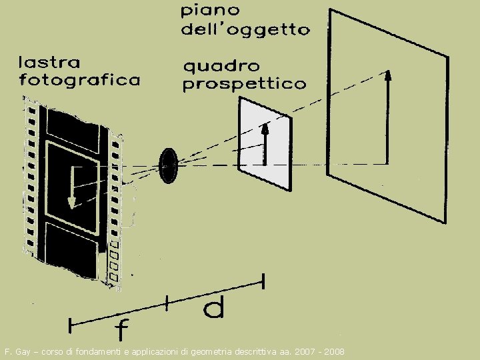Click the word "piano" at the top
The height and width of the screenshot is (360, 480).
pos(211,11)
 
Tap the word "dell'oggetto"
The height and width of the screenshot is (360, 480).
pos(245,29)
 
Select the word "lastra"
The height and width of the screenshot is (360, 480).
pos(49,63)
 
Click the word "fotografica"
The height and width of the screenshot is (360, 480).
pos(80,80)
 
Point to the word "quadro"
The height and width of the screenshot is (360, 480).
pos(221,66)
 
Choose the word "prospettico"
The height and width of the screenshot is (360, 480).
pos(244,85)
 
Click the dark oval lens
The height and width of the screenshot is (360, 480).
pos(167,164)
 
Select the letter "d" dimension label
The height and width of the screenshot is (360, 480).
pos(213,308)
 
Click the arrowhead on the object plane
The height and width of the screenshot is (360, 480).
pos(387,74)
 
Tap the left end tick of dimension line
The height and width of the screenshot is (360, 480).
pos(70,325)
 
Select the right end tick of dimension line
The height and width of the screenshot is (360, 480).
pos(264,281)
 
